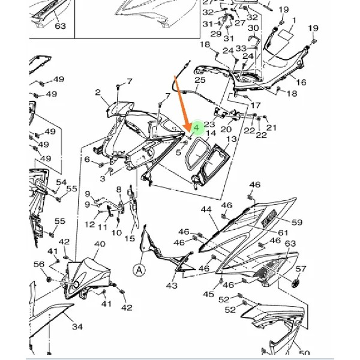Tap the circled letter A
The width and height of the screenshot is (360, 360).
pos(140,270)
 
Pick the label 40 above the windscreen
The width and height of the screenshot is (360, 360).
pos(100,245)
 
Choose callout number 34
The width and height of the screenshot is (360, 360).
pos(77,327)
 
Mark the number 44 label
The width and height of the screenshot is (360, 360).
pos(206,210)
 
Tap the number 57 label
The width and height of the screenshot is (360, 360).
pos(301,269)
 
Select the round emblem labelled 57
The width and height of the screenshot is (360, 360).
pos(295,284)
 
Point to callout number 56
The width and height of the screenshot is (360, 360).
pos(39,264)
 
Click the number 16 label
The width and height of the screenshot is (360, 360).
pos(301,82)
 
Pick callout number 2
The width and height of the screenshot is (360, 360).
pos(98,92)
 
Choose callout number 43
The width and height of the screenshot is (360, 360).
pos(172,287)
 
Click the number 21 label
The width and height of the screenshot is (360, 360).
pos(272,127)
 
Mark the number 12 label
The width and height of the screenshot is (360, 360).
pos(89,224)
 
